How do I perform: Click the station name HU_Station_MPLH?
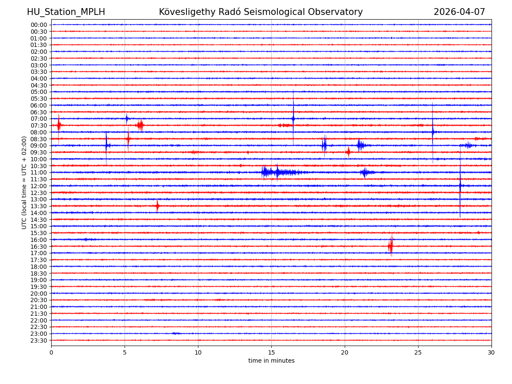[x=66, y=12]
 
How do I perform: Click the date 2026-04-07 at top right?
[x=459, y=12]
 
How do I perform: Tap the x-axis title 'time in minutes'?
[x=271, y=361]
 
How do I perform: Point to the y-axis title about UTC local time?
[x=24, y=183]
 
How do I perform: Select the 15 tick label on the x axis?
[x=271, y=353]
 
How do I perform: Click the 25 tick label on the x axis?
[x=418, y=353]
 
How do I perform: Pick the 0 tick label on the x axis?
[x=51, y=353]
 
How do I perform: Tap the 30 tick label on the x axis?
[x=492, y=353]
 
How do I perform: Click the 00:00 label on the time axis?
[x=39, y=25]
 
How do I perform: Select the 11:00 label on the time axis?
[x=39, y=172]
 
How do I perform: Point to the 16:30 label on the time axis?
[x=39, y=247]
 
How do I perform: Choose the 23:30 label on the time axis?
[x=39, y=340]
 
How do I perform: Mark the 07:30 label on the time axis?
[x=39, y=125]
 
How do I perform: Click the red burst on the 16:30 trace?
[x=390, y=246]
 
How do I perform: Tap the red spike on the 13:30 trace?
[x=157, y=206]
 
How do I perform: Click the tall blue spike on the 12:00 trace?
[x=460, y=186]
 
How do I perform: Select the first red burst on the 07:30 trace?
[x=59, y=125]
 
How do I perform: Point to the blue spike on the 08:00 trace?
[x=433, y=132]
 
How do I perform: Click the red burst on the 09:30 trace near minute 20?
[x=348, y=152]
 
